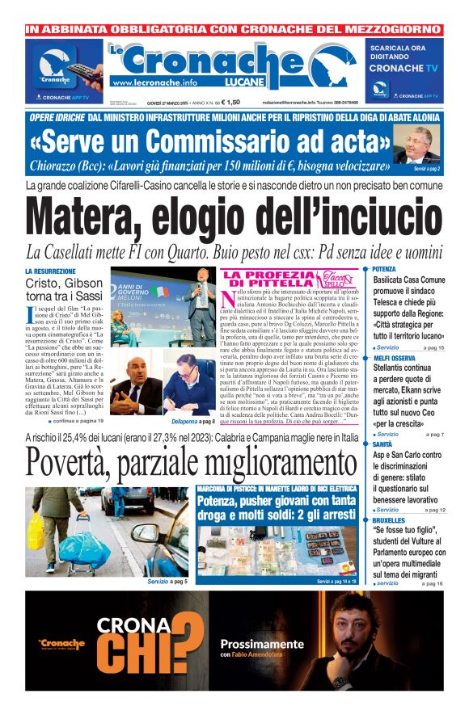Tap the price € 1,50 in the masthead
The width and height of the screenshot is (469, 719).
[229, 102]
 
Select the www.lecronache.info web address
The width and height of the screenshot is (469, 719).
[154, 82]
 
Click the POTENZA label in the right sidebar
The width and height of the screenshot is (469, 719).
[385, 268]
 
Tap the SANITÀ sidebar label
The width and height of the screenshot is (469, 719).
[383, 444]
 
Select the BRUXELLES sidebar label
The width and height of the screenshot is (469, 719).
[390, 521]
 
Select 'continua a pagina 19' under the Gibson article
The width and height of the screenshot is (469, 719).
[78, 422]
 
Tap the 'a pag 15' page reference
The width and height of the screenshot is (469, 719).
[434, 347]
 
